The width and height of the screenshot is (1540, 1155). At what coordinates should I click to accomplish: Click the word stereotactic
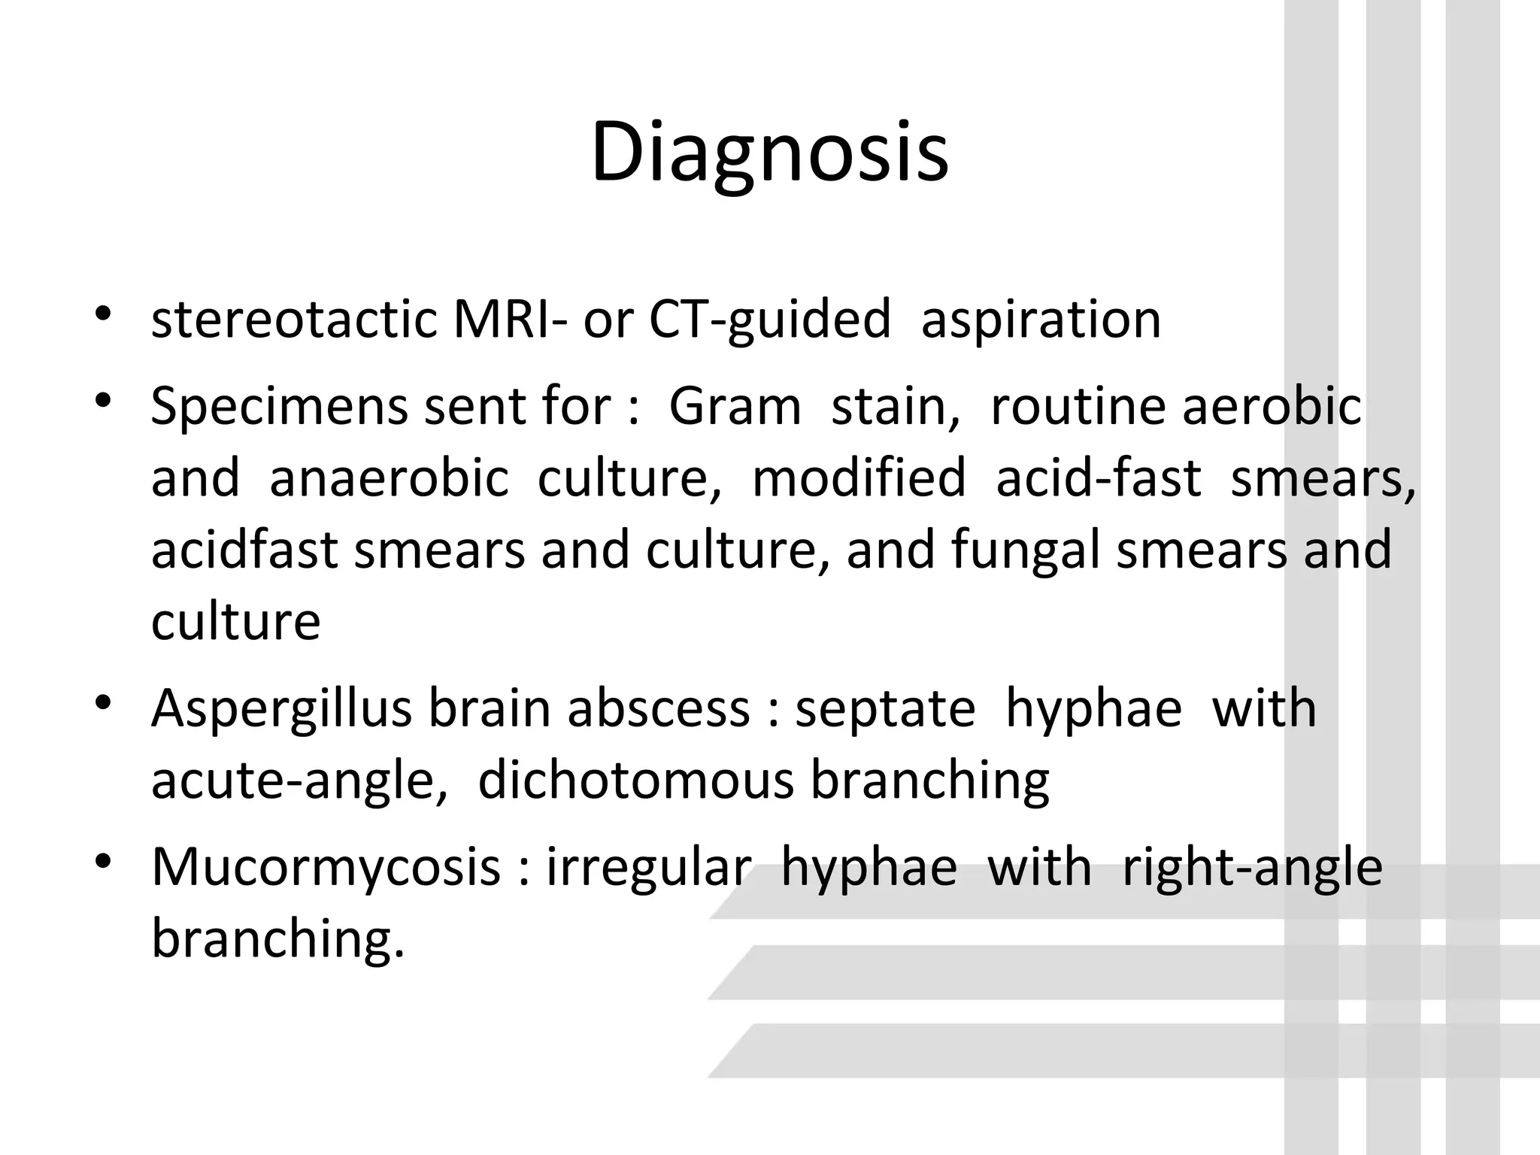[294, 320]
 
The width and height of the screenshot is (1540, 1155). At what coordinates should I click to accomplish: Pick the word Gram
[735, 407]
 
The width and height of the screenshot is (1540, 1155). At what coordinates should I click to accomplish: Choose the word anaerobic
[389, 478]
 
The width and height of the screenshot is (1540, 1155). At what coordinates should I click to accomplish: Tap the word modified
[859, 478]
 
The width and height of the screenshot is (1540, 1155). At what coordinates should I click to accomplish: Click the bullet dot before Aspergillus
[104, 703]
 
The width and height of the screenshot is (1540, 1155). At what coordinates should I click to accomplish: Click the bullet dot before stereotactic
[104, 314]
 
